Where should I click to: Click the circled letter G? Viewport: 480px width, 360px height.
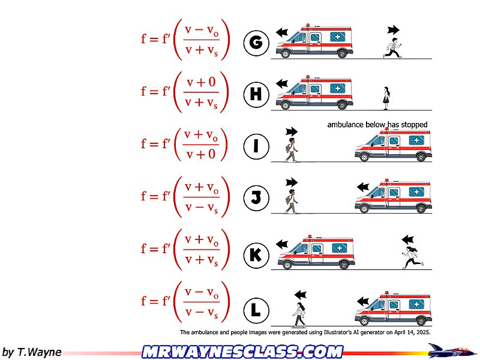click(256, 43)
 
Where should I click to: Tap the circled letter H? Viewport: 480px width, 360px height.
click(256, 94)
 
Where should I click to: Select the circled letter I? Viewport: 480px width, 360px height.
click(256, 146)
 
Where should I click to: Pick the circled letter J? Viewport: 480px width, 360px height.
click(256, 198)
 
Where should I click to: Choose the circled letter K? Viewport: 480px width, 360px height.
click(256, 254)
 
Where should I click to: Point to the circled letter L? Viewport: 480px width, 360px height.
click(256, 310)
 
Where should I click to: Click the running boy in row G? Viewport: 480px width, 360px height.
click(392, 48)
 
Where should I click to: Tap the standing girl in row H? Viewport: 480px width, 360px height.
click(386, 98)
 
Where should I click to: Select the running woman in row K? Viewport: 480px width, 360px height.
click(412, 257)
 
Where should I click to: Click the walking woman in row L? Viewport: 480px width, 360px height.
click(299, 314)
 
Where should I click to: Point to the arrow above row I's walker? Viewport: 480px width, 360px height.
click(292, 131)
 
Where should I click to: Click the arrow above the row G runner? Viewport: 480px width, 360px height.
click(394, 30)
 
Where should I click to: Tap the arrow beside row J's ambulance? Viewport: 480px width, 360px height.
click(363, 187)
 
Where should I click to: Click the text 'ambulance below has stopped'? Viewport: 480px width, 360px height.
click(377, 125)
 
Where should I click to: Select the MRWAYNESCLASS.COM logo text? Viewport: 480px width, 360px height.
click(243, 352)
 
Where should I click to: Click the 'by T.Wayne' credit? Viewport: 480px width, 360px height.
click(32, 352)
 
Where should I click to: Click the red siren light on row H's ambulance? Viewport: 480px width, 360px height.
click(308, 77)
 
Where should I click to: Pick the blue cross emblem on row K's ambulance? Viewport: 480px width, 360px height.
click(340, 248)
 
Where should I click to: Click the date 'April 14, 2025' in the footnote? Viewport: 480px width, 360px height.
click(412, 332)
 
